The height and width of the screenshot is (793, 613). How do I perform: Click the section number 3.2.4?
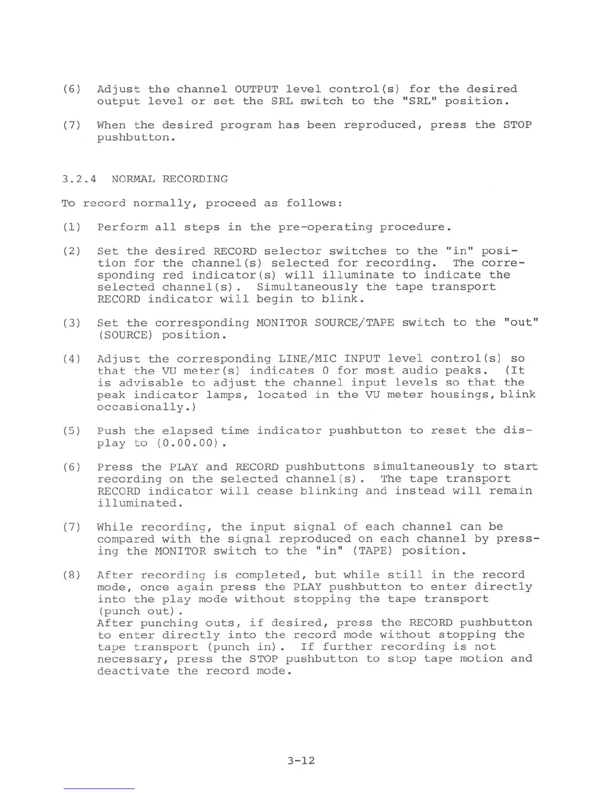tap(79, 179)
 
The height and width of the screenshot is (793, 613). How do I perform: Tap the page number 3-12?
tap(301, 761)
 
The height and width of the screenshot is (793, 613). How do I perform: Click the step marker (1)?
tap(72, 227)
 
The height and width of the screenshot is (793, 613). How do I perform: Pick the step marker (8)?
tap(72, 575)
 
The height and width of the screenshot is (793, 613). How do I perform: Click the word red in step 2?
tap(173, 275)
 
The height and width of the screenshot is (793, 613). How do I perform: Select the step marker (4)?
tap(72, 359)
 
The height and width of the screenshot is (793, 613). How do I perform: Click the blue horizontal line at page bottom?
tap(99, 788)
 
